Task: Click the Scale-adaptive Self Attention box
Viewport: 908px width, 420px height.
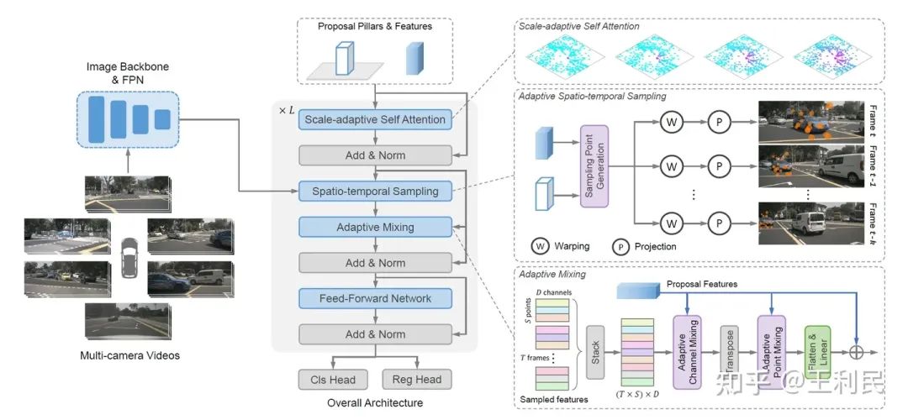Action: [375, 119]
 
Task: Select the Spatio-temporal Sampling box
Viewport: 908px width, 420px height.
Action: [375, 191]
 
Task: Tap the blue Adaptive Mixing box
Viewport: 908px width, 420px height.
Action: [375, 227]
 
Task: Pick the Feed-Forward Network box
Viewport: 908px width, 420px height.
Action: [375, 298]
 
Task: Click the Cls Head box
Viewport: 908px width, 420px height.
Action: [330, 379]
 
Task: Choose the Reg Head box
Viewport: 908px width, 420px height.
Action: [416, 379]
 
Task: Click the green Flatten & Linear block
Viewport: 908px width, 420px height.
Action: [817, 351]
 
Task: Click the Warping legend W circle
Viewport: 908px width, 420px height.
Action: [541, 247]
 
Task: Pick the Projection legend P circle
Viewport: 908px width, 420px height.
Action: [620, 247]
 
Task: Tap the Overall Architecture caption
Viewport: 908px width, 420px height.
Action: [374, 403]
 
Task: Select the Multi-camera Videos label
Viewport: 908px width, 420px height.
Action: [129, 355]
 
